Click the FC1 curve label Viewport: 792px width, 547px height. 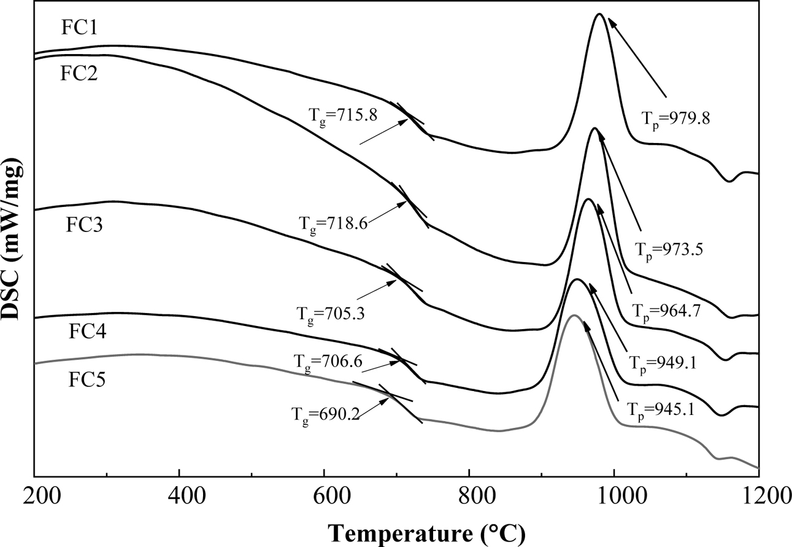point(79,28)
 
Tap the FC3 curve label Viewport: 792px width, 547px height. point(85,225)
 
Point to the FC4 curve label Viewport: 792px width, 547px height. point(87,333)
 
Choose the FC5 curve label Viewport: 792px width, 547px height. point(87,381)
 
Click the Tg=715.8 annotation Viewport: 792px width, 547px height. point(339,115)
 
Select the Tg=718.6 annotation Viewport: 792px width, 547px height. point(333,224)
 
